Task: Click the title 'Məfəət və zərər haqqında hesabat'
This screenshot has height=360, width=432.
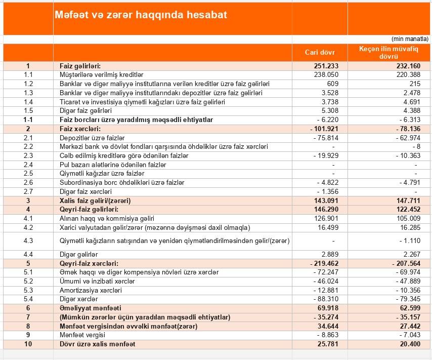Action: click(141, 15)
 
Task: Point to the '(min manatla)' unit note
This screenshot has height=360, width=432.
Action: click(410, 39)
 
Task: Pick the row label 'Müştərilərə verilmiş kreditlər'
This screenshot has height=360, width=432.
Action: click(102, 74)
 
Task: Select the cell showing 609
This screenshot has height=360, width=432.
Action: click(332, 84)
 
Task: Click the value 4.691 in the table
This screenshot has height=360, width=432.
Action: click(410, 101)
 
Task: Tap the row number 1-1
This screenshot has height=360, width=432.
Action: click(28, 119)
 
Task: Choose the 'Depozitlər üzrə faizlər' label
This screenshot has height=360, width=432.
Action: click(92, 138)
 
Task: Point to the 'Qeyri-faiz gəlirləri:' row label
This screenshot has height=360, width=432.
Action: click(89, 209)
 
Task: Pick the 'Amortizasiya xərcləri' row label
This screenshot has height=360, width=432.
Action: click(91, 290)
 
